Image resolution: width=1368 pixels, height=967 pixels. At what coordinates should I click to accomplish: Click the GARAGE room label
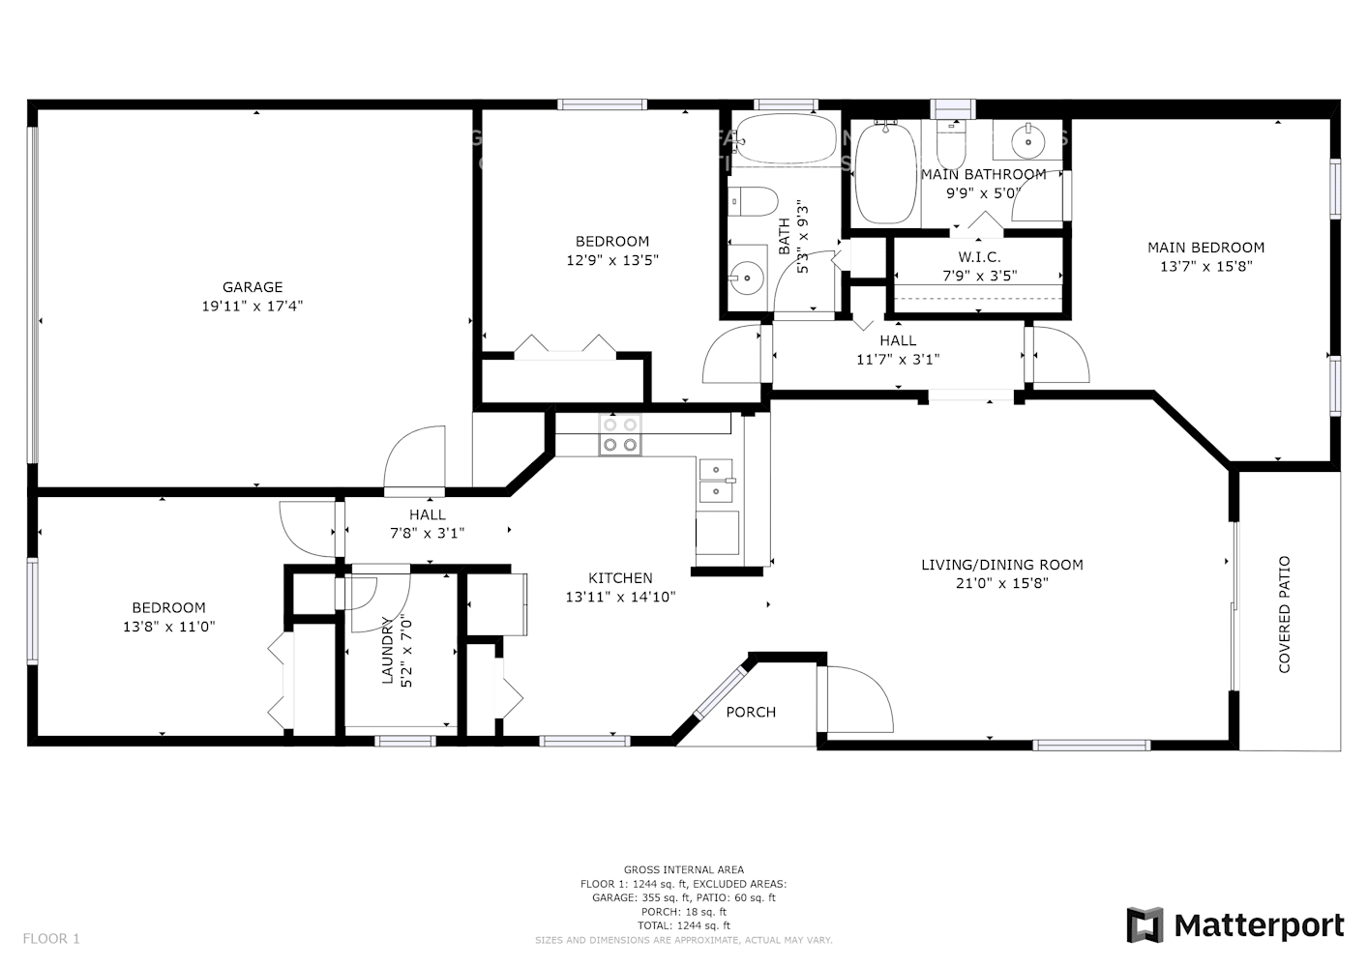[x=253, y=287]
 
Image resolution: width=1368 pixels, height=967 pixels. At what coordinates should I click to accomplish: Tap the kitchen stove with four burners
[x=620, y=434]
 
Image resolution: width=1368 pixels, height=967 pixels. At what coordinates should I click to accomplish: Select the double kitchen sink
[x=716, y=481]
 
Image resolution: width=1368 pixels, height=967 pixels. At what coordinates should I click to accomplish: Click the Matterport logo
[x=1235, y=925]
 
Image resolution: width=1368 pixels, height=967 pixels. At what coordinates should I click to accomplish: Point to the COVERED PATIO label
[x=1285, y=614]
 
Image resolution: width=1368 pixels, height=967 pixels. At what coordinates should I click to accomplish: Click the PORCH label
[x=751, y=713]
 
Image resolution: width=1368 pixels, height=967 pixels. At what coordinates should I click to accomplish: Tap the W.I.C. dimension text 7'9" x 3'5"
[x=979, y=276]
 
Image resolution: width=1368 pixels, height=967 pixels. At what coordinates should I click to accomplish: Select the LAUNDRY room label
[x=388, y=651]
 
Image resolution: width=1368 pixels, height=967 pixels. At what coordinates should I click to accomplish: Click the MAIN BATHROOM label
[x=983, y=174]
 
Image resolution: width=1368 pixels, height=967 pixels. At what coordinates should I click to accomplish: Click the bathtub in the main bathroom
[x=885, y=173]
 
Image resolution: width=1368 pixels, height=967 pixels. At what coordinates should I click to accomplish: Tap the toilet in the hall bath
[x=754, y=202]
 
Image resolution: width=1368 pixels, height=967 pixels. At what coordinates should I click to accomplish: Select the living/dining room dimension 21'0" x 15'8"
[x=1001, y=583]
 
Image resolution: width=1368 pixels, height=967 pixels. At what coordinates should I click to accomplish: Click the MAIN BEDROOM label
[x=1205, y=248]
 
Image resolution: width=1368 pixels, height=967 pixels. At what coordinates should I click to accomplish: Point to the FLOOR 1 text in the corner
[x=51, y=938]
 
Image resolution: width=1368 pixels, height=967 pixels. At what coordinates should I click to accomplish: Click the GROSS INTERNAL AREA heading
[x=684, y=870]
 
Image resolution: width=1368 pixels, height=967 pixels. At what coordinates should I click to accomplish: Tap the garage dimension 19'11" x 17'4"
[x=253, y=306]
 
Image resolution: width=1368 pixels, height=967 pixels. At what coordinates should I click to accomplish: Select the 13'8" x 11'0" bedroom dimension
[x=168, y=627]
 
